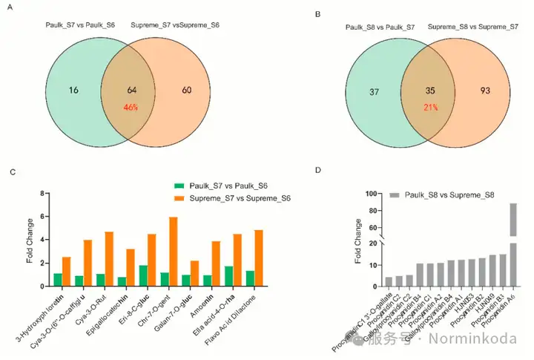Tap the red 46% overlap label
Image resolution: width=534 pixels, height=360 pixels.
pos(132,107)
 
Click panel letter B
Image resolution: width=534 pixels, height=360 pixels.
pos(318,14)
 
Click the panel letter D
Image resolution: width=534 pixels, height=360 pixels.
pos(318,171)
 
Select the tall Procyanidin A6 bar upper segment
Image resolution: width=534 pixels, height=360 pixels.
pos(512,220)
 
